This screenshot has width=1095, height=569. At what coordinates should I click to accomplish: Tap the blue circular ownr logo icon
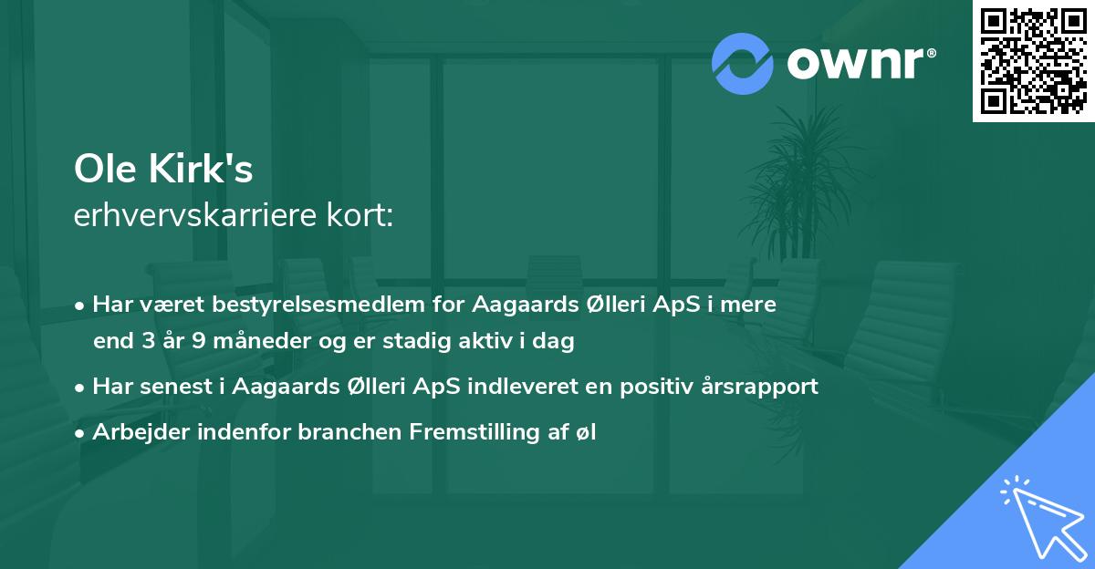[743, 63]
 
